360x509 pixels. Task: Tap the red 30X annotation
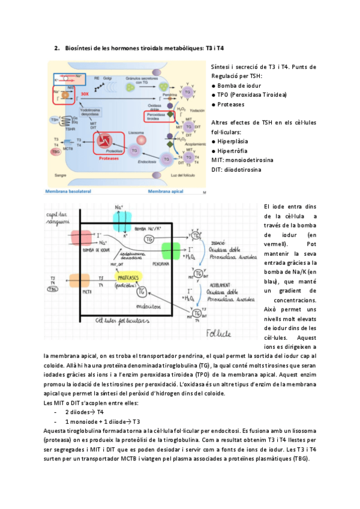[85, 94]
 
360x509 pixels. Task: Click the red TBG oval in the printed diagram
[56, 152]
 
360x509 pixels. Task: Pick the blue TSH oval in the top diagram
[55, 120]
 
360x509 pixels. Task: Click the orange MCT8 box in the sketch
[79, 282]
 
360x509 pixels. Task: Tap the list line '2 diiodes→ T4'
[84, 413]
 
